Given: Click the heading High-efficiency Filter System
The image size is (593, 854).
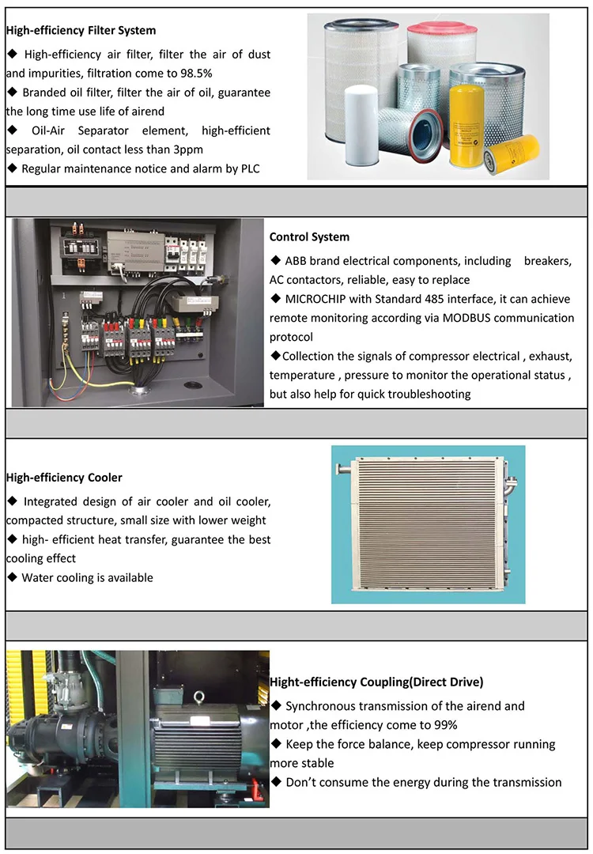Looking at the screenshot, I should [x=81, y=31].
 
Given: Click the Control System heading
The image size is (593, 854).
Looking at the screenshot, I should [x=309, y=236].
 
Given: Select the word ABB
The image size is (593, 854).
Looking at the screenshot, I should [x=296, y=260].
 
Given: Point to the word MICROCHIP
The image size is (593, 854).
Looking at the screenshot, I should [x=318, y=299].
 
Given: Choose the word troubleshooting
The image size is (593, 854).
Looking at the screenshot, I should [x=428, y=394].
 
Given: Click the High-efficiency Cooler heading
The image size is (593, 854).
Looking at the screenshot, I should [x=64, y=478].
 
